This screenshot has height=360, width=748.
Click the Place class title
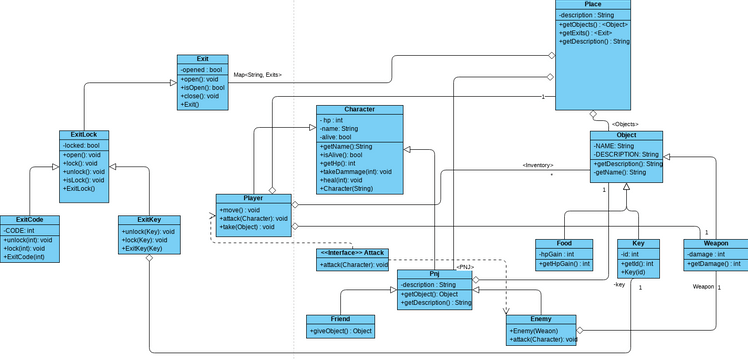593,5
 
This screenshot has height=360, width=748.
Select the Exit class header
202,59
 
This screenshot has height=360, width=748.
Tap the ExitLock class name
83,134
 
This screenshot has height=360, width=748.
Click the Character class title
359,108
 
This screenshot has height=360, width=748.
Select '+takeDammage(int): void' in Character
356,172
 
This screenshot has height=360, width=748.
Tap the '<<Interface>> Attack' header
351,253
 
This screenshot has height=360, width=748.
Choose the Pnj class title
434,273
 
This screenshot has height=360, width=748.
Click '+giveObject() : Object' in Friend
341,331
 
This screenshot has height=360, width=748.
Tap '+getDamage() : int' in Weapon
714,264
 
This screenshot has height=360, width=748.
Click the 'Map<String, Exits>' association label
257,74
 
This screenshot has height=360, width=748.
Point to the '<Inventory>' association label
537,166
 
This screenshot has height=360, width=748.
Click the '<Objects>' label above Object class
625,124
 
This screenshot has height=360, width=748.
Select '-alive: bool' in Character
336,137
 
